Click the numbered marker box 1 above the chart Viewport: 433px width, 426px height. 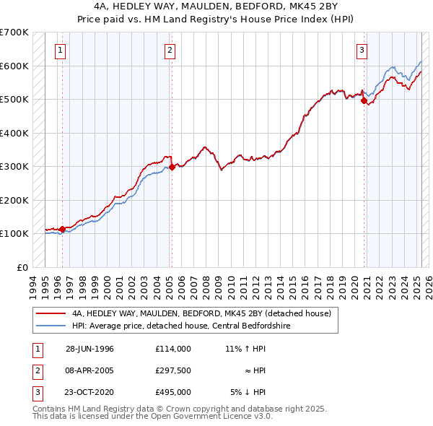(x=60, y=51)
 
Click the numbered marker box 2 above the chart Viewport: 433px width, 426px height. (x=169, y=51)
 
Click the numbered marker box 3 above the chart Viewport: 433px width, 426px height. (x=362, y=51)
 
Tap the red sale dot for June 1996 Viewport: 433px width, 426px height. (x=62, y=229)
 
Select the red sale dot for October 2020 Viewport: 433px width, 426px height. (x=364, y=102)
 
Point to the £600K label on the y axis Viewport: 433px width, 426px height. (x=14, y=66)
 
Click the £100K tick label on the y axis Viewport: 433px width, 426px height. (x=14, y=233)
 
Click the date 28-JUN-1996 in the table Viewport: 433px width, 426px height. (x=89, y=348)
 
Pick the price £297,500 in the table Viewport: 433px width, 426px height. (x=173, y=370)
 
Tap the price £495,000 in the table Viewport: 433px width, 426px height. (x=173, y=392)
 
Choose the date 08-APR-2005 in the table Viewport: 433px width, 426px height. (x=89, y=370)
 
